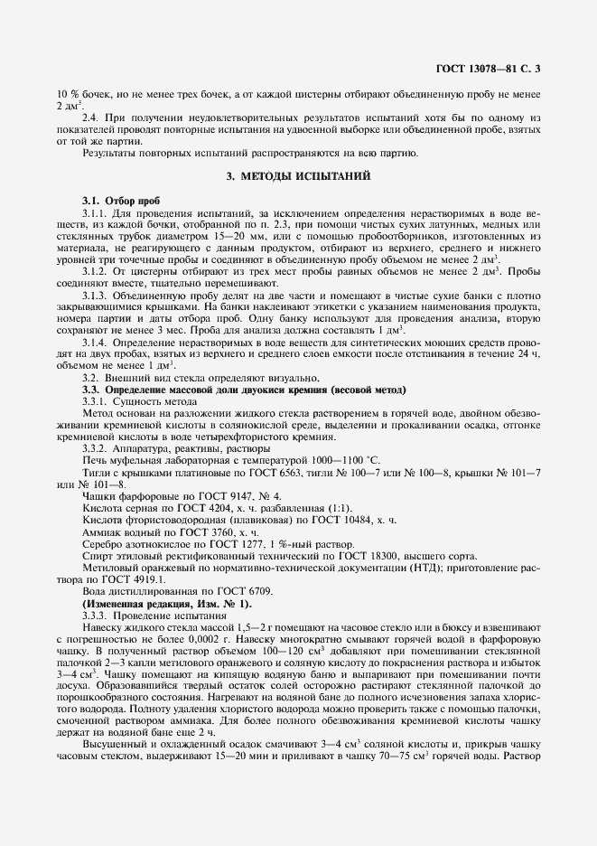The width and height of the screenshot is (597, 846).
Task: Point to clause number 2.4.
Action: point(91,117)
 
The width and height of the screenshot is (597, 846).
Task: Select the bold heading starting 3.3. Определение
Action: point(244,389)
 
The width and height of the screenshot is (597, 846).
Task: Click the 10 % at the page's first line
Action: point(67,94)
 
